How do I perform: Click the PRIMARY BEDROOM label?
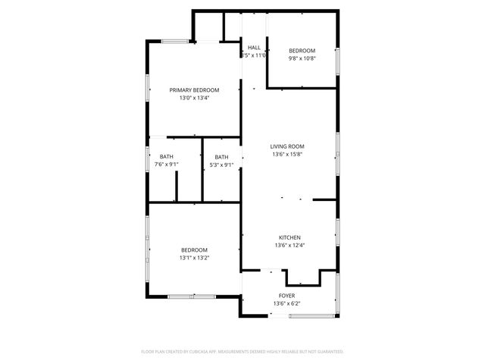pos(194,89)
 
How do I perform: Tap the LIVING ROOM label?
pos(288,146)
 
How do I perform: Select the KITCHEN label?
pos(288,236)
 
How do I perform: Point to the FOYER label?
pos(287,296)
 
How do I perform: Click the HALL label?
pos(254,48)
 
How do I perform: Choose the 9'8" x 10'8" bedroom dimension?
pos(302,58)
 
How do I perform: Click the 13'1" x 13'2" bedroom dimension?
pos(194,258)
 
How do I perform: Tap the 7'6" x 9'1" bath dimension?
pos(166,165)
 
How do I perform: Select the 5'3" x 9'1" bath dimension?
pos(221,165)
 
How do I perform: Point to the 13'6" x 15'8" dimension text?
pos(288,155)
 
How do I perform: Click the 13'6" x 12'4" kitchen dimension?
pos(288,244)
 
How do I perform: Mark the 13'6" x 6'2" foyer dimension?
pos(287,304)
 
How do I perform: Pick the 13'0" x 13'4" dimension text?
pos(194,98)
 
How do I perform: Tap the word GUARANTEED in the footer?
pos(328,352)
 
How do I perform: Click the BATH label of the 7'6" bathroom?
pos(166,156)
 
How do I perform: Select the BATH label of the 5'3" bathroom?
pos(221,156)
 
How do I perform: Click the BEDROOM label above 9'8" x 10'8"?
pos(302,50)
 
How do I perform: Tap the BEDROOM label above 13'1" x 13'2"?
pos(194,249)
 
